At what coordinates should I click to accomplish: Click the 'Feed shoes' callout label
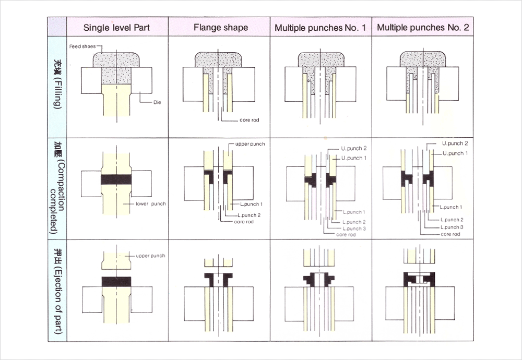(x=81, y=46)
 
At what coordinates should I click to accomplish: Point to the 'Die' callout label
(x=157, y=103)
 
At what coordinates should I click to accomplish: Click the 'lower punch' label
(x=150, y=203)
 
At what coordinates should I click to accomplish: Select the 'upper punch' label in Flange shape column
(x=250, y=143)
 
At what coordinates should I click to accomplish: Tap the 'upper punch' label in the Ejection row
(x=150, y=256)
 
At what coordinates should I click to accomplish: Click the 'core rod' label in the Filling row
(x=249, y=120)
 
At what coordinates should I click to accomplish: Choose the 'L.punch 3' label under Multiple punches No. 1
(x=354, y=229)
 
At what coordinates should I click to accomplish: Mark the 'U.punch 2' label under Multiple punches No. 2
(x=455, y=143)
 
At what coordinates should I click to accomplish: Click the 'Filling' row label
(x=57, y=86)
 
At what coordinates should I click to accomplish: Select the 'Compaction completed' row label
(x=57, y=188)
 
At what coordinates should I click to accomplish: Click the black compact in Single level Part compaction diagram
(x=116, y=179)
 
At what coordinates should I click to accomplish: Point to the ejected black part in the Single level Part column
(x=116, y=281)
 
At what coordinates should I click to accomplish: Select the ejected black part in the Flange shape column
(x=219, y=278)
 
